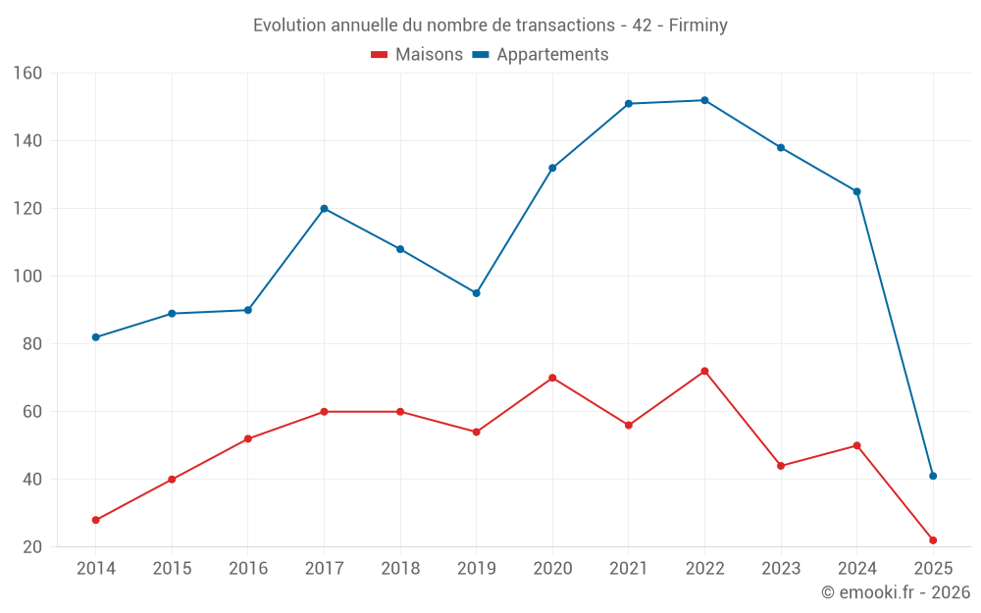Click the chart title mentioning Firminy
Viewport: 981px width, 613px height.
(490, 26)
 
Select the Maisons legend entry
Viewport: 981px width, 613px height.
(417, 55)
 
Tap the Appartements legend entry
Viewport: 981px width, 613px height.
(541, 55)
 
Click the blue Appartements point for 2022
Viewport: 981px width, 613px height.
(704, 100)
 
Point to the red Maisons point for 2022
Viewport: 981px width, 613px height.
(704, 371)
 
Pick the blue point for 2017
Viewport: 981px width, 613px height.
(324, 209)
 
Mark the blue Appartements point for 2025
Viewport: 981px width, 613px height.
(933, 476)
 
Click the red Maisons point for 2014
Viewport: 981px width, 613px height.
(96, 520)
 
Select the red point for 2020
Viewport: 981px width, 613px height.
(552, 378)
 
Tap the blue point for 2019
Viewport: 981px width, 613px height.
(477, 293)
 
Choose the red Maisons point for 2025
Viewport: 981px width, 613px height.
(933, 540)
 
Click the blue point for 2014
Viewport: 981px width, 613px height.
(96, 337)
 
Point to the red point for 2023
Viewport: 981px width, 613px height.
(781, 466)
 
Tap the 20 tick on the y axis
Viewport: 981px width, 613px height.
(32, 547)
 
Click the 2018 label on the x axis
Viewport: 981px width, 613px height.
(400, 569)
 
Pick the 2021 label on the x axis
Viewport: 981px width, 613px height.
(629, 569)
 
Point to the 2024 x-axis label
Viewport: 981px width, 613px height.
(856, 569)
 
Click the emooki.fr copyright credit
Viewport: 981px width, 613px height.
(895, 592)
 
